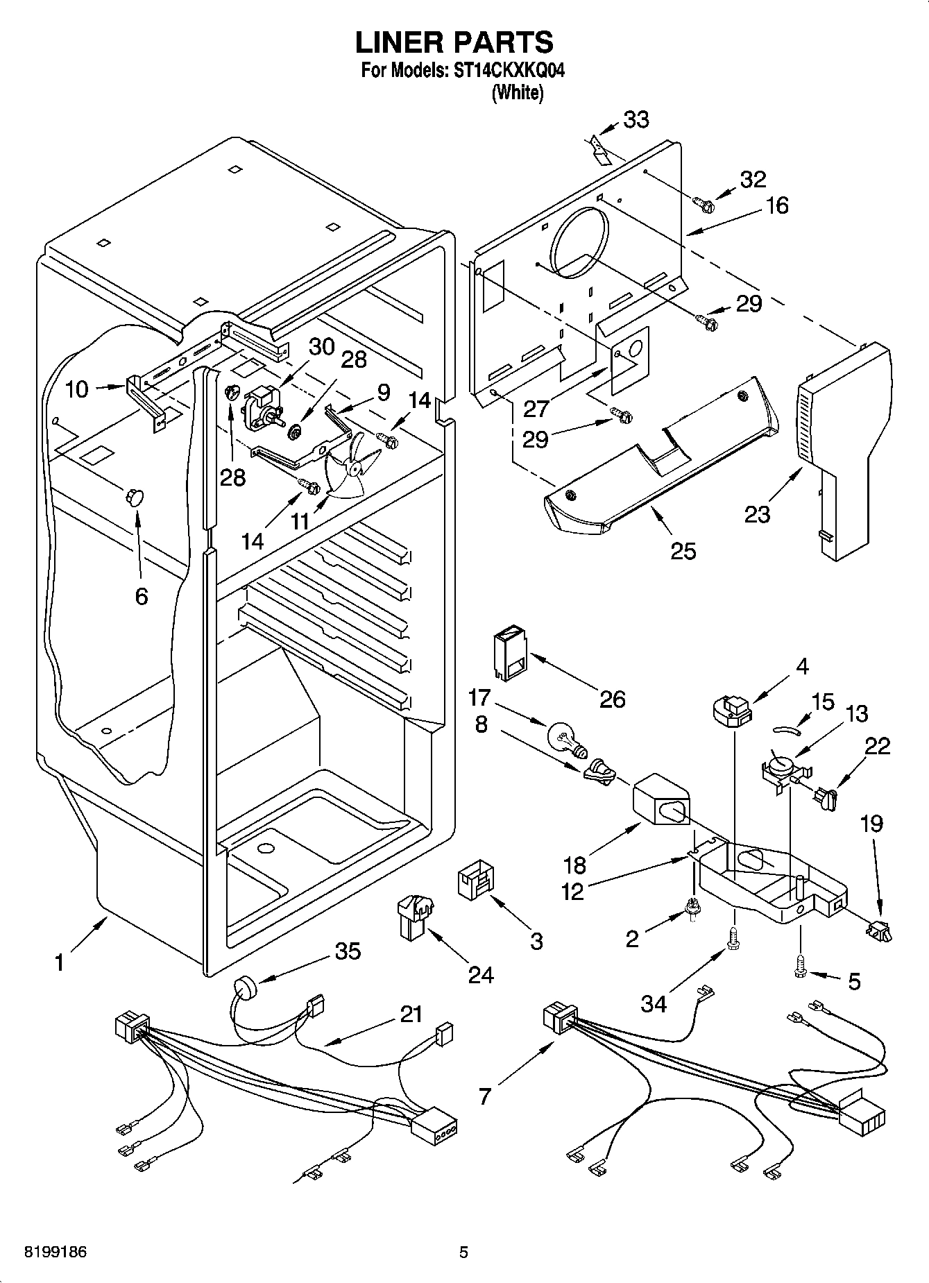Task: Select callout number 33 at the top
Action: click(x=636, y=119)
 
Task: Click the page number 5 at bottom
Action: click(x=463, y=1252)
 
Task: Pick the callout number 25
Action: click(x=683, y=551)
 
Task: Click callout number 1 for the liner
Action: click(x=60, y=963)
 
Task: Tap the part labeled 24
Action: click(x=414, y=915)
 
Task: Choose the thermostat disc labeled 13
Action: click(x=781, y=766)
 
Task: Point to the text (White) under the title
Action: click(x=517, y=93)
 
